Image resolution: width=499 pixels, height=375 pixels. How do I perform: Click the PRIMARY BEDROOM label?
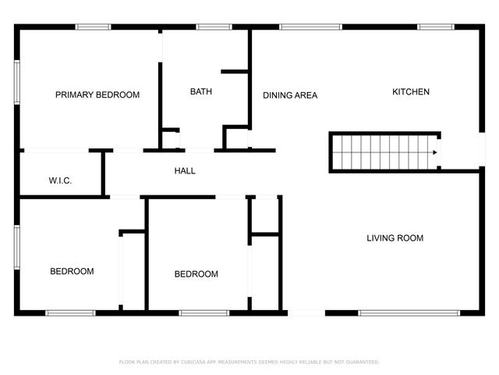97,95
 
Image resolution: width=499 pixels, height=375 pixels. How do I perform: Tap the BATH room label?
201,92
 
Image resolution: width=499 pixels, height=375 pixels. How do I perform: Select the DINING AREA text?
290,96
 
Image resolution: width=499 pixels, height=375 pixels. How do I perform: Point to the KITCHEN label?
410,92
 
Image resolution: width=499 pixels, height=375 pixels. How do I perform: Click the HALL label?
185,171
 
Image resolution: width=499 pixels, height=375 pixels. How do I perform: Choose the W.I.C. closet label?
60,181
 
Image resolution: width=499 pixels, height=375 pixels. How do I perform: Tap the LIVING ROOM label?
395,238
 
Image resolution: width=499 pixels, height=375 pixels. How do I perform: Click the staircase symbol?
382,152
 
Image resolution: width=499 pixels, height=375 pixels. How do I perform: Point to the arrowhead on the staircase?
435,153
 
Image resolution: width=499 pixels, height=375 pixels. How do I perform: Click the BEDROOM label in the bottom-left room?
72,272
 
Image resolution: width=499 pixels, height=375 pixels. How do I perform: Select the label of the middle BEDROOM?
196,274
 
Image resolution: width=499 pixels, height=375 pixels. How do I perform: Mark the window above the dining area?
310,27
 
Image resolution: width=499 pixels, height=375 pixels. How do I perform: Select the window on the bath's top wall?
208,27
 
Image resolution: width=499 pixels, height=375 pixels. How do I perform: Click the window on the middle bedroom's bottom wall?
203,313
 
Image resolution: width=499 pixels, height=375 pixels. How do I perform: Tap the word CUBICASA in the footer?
191,362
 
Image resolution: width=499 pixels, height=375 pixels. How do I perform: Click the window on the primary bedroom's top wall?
92,27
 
